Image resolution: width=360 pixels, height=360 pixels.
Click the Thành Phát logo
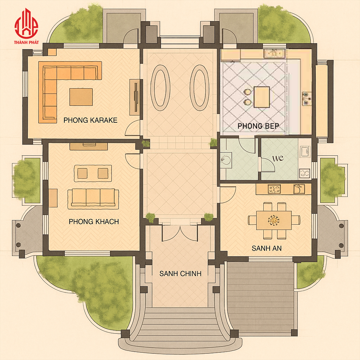[x=26, y=26]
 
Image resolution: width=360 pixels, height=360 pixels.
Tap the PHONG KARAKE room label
[x=90, y=120]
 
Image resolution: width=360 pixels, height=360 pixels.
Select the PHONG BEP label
[x=258, y=126]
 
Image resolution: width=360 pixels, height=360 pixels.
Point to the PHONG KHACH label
[x=94, y=221]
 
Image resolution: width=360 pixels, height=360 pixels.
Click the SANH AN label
[x=266, y=248]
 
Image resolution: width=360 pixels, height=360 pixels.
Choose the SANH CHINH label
[x=180, y=274]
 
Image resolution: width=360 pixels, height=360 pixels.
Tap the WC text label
[x=278, y=158]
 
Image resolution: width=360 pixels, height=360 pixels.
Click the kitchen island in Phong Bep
[x=262, y=97]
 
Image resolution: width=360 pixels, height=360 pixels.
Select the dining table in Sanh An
[x=274, y=220]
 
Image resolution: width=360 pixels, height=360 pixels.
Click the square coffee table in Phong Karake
[x=81, y=97]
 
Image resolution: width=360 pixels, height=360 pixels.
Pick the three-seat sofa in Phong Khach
[x=93, y=199]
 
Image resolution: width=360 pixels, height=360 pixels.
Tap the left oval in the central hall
[x=160, y=88]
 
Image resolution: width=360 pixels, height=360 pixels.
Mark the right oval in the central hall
[x=199, y=88]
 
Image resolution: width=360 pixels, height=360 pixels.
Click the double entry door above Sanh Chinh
[x=180, y=232]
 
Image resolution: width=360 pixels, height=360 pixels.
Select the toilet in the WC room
[x=305, y=174]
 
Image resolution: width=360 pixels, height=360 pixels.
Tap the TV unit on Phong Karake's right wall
[x=135, y=97]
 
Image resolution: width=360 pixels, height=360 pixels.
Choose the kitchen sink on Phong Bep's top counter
[x=274, y=53]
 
